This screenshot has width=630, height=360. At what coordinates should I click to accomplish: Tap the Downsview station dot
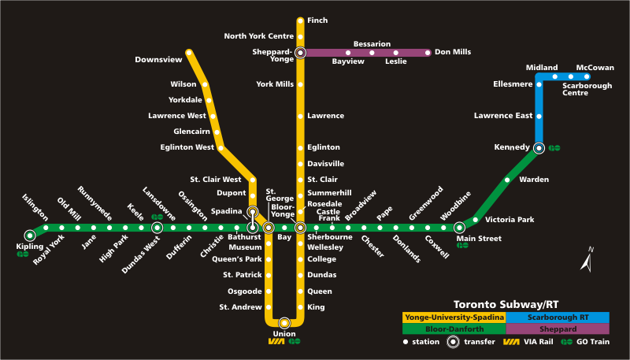point(189,53)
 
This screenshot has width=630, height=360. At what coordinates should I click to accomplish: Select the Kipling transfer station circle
point(30,234)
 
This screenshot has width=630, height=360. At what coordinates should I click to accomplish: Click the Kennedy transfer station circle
point(539,147)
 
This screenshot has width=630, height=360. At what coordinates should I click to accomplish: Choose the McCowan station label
point(595,68)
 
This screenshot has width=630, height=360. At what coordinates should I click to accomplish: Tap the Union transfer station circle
point(284,322)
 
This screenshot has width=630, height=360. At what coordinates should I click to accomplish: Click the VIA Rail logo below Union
point(276,341)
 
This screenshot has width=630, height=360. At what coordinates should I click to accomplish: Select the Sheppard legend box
point(558,328)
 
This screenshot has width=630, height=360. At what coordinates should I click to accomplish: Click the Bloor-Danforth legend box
point(454,328)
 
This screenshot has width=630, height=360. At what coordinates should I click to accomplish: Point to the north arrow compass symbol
point(587,261)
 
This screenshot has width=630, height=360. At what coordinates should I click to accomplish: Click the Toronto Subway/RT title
point(506,304)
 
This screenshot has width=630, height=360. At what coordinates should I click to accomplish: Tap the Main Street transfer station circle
point(459,228)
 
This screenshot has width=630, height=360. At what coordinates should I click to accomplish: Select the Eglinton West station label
point(187,147)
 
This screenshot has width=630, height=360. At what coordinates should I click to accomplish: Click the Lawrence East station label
point(503,116)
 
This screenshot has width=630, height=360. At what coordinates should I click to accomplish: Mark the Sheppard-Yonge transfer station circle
point(300,53)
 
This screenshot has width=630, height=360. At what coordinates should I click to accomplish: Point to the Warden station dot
point(507,180)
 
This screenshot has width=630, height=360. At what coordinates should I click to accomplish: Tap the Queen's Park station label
point(237,258)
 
